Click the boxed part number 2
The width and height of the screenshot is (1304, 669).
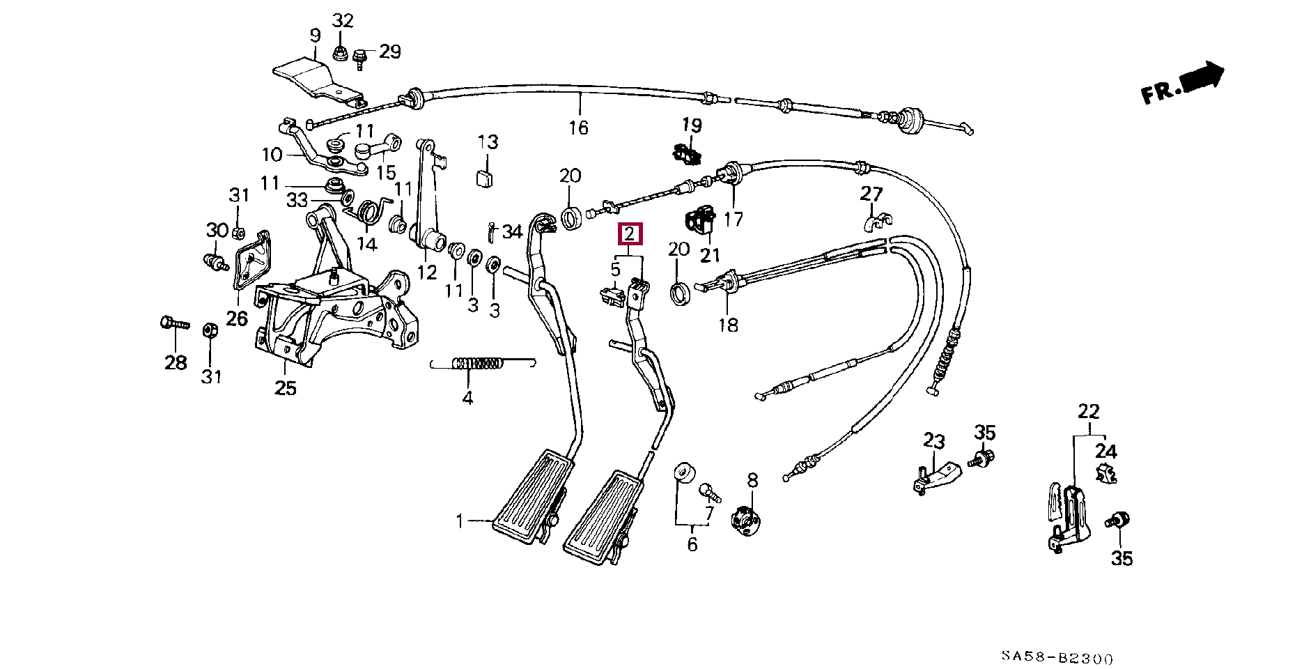click(630, 234)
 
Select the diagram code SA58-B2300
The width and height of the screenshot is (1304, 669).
click(1057, 657)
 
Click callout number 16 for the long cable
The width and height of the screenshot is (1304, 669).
click(578, 128)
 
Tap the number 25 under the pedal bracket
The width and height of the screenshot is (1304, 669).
click(285, 387)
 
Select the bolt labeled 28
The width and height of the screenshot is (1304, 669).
click(173, 324)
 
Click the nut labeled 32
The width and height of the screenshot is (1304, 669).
click(341, 53)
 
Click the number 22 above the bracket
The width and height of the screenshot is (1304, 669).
click(1088, 411)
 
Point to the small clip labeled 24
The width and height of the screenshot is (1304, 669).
click(1105, 474)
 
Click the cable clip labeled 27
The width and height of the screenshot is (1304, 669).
click(876, 222)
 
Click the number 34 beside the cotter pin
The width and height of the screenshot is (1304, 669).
click(512, 231)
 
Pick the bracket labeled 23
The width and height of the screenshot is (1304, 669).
click(937, 477)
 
